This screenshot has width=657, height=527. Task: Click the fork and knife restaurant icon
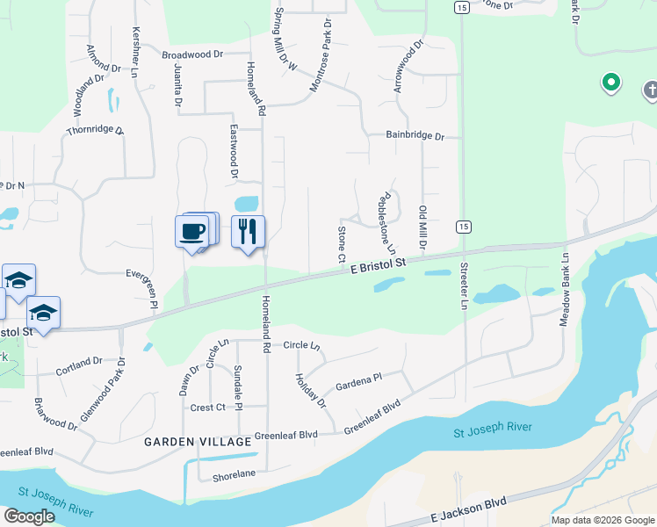[x=248, y=231]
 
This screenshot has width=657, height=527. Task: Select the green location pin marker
[x=610, y=83]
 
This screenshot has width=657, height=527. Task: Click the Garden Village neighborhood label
[x=198, y=442]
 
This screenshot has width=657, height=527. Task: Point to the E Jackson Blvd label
[x=470, y=509]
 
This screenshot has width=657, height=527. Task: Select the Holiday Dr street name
[x=311, y=391]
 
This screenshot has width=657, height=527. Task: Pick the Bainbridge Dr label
[x=416, y=136]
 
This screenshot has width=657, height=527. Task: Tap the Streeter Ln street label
[x=464, y=285]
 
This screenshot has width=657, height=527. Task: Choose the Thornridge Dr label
[x=95, y=132]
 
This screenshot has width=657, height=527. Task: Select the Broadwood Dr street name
[x=193, y=54]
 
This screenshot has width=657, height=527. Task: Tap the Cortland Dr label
[x=80, y=361]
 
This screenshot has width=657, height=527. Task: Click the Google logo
[x=29, y=516]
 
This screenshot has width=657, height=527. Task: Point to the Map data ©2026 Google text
[x=602, y=520]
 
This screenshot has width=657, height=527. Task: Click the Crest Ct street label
[x=208, y=408]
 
